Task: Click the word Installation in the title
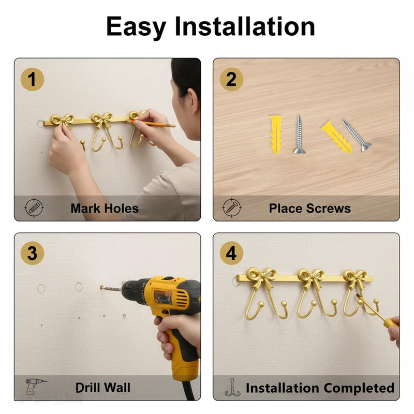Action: [x=245, y=26]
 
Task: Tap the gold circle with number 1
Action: [x=32, y=79]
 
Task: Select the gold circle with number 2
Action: [x=231, y=79]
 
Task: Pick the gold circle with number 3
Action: [x=32, y=253]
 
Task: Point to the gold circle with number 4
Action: [x=231, y=253]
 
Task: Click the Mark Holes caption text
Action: [x=105, y=209]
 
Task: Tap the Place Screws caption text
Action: [x=309, y=209]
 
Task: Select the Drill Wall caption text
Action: [x=102, y=388]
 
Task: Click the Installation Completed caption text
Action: [x=320, y=388]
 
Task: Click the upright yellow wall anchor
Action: [x=276, y=134]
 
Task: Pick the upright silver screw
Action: [x=299, y=135]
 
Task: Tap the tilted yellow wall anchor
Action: [x=337, y=137]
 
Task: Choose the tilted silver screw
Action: [x=357, y=136]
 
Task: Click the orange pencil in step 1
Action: [x=152, y=124]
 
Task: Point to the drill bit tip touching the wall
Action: [x=101, y=287]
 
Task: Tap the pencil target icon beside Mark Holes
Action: [x=34, y=208]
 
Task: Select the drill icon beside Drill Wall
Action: [x=36, y=386]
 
